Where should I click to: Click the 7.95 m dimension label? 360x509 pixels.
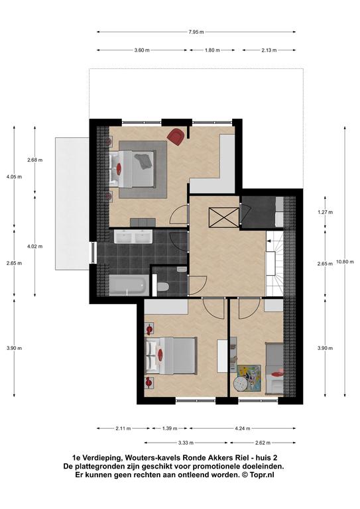point(196,32)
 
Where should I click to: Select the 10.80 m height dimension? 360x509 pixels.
point(345,262)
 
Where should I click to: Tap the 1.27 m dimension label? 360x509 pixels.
point(325,212)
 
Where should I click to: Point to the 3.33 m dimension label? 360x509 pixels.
point(186,443)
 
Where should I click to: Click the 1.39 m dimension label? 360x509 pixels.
point(170,429)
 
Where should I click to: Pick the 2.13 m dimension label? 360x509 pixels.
point(269,50)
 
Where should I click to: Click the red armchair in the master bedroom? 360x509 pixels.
point(176,136)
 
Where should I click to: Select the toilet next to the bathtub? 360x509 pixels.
point(162,286)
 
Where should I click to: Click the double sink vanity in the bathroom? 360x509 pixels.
point(133,236)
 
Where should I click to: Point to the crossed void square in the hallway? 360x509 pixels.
point(223,217)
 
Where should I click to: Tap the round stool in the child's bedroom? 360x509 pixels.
point(241,384)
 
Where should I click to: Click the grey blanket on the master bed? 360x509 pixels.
point(143,161)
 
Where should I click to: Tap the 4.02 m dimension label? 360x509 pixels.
point(34,247)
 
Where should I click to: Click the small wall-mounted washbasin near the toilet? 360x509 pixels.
point(182,270)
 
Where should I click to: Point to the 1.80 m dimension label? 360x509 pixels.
point(212,50)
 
